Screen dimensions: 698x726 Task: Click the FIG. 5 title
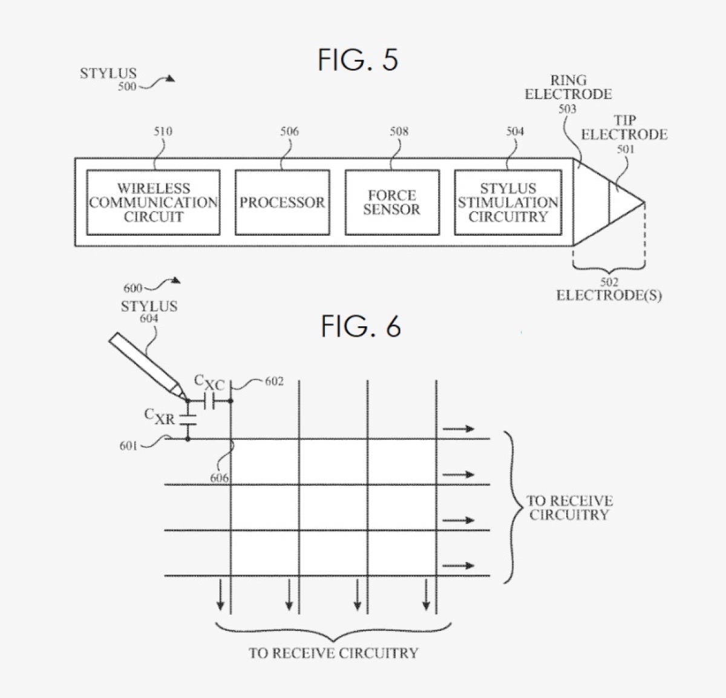pyautogui.click(x=358, y=60)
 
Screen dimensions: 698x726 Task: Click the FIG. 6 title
pyautogui.click(x=361, y=327)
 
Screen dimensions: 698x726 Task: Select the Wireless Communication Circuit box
pyautogui.click(x=153, y=202)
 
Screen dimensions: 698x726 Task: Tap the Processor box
pyautogui.click(x=282, y=202)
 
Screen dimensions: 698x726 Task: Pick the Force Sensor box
pyautogui.click(x=391, y=202)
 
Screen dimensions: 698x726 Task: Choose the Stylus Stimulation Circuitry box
pyautogui.click(x=508, y=202)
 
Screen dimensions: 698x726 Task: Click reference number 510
pyautogui.click(x=163, y=131)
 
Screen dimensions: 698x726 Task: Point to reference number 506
pyautogui.click(x=289, y=131)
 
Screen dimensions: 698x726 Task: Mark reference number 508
pyautogui.click(x=399, y=131)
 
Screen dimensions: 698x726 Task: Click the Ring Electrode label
pyautogui.click(x=568, y=88)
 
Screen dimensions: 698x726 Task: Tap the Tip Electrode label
pyautogui.click(x=624, y=128)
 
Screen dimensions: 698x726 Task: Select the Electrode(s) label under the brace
pyautogui.click(x=609, y=296)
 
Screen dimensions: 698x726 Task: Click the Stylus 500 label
pyautogui.click(x=109, y=74)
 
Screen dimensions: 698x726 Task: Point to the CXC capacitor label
pyautogui.click(x=209, y=382)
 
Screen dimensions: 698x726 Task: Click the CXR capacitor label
pyautogui.click(x=159, y=416)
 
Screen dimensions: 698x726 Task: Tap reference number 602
pyautogui.click(x=273, y=381)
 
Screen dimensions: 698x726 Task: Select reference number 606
pyautogui.click(x=219, y=478)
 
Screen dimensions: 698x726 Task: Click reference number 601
pyautogui.click(x=128, y=446)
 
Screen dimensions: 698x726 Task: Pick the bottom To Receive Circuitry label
pyautogui.click(x=333, y=653)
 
